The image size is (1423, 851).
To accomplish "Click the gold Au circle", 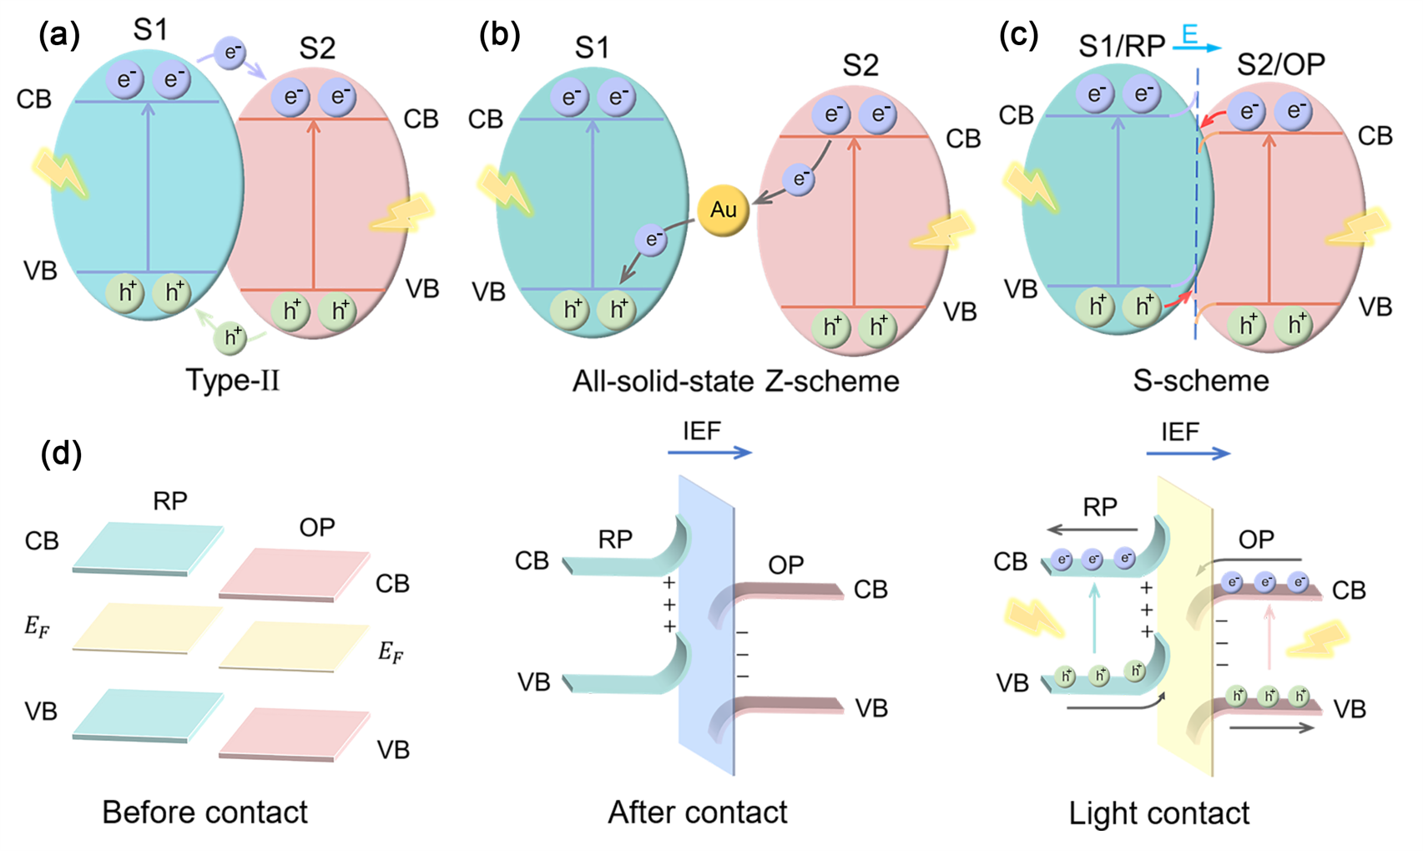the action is coord(723,210).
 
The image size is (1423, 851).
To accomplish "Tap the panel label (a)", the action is coord(60,35).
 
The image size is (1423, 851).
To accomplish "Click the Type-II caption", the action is coord(233,381).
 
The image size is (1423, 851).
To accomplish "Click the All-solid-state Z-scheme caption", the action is coord(735,382).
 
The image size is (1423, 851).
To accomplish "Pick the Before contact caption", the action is coord(204,813).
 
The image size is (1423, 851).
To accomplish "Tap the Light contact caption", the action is coord(1158,813).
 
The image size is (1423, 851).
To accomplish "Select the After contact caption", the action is coord(698,813).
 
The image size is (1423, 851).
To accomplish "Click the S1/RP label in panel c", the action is coord(1121,46).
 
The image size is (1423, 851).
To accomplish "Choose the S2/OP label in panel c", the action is coord(1281,64).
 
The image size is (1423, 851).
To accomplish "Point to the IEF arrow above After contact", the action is coord(709,453).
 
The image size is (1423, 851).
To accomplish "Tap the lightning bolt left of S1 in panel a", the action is coord(60,171).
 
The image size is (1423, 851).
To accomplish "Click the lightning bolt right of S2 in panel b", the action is coord(941,230).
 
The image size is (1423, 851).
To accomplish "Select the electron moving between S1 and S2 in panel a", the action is coord(230,52).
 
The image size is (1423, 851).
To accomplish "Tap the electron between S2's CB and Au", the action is coord(799,179).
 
